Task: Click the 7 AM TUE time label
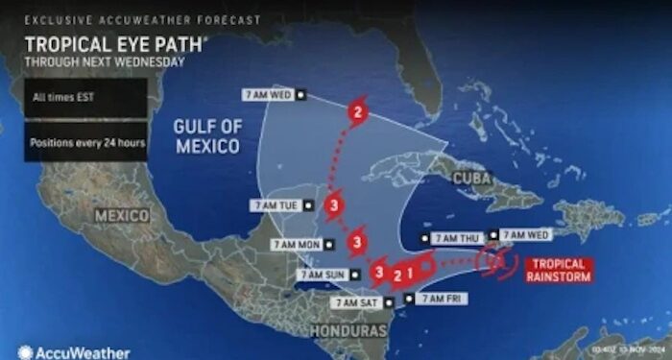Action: (x=276, y=204)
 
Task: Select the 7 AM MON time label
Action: (x=297, y=245)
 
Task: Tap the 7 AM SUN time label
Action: (x=322, y=274)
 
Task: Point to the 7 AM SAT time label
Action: (x=357, y=302)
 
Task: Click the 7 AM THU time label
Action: (x=457, y=237)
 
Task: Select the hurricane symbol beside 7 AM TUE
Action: (x=333, y=204)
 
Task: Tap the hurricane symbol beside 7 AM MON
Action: (x=357, y=242)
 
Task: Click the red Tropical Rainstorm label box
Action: (x=556, y=271)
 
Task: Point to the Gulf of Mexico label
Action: (x=207, y=136)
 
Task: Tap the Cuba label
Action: (x=471, y=179)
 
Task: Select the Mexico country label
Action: (x=122, y=216)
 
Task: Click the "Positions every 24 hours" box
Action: (x=85, y=142)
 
